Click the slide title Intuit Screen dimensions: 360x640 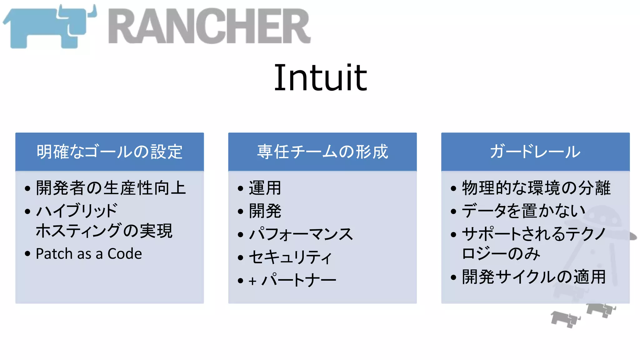[320, 77]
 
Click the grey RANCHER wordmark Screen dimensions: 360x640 [209, 27]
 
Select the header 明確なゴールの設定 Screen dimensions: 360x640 [109, 152]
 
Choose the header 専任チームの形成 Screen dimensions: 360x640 [322, 152]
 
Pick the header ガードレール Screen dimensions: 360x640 [535, 152]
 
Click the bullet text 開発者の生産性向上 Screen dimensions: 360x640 [111, 188]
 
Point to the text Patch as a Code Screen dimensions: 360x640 [89, 254]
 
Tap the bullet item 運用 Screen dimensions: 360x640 [265, 188]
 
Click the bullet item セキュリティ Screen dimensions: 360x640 [290, 257]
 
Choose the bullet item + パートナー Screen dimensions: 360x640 [292, 280]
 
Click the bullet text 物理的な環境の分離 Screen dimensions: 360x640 [536, 188]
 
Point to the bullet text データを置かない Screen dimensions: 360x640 [523, 211]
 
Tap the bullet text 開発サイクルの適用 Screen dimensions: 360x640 [534, 277]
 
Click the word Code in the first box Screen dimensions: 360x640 [125, 254]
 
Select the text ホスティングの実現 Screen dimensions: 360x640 [104, 231]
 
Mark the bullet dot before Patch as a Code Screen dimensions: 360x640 [27, 254]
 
